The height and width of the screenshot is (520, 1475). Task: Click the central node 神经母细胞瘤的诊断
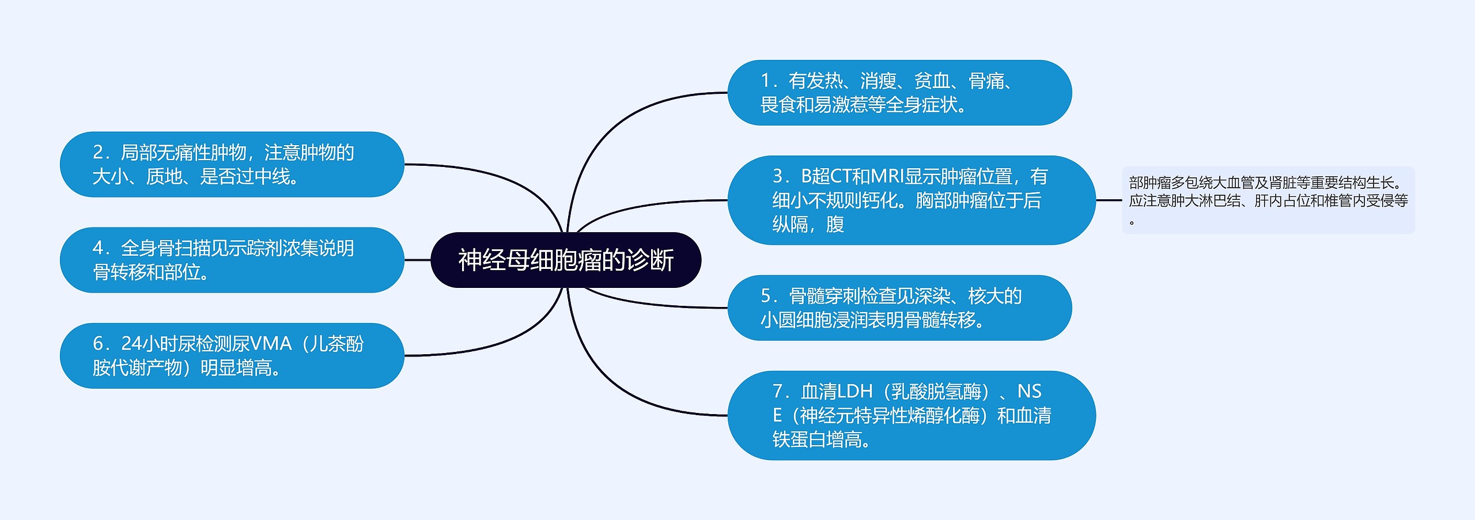(x=565, y=260)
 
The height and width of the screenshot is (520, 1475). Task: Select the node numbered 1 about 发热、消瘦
(x=899, y=93)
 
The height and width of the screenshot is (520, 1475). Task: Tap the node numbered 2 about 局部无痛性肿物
(x=232, y=165)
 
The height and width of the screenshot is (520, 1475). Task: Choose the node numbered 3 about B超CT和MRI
(x=911, y=200)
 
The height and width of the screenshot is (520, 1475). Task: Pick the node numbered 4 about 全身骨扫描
(x=232, y=260)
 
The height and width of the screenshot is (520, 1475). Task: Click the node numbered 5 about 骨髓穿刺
(x=899, y=308)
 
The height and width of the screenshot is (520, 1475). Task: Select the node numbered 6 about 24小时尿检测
(x=232, y=355)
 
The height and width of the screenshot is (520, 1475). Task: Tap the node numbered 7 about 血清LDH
(x=911, y=415)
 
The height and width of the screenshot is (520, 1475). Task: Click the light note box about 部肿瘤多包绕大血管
(x=1268, y=200)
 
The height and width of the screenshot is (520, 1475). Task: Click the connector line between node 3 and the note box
(x=1109, y=200)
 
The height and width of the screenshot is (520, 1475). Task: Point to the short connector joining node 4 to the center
(x=417, y=260)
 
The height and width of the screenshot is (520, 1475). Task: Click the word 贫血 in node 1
(x=932, y=81)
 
